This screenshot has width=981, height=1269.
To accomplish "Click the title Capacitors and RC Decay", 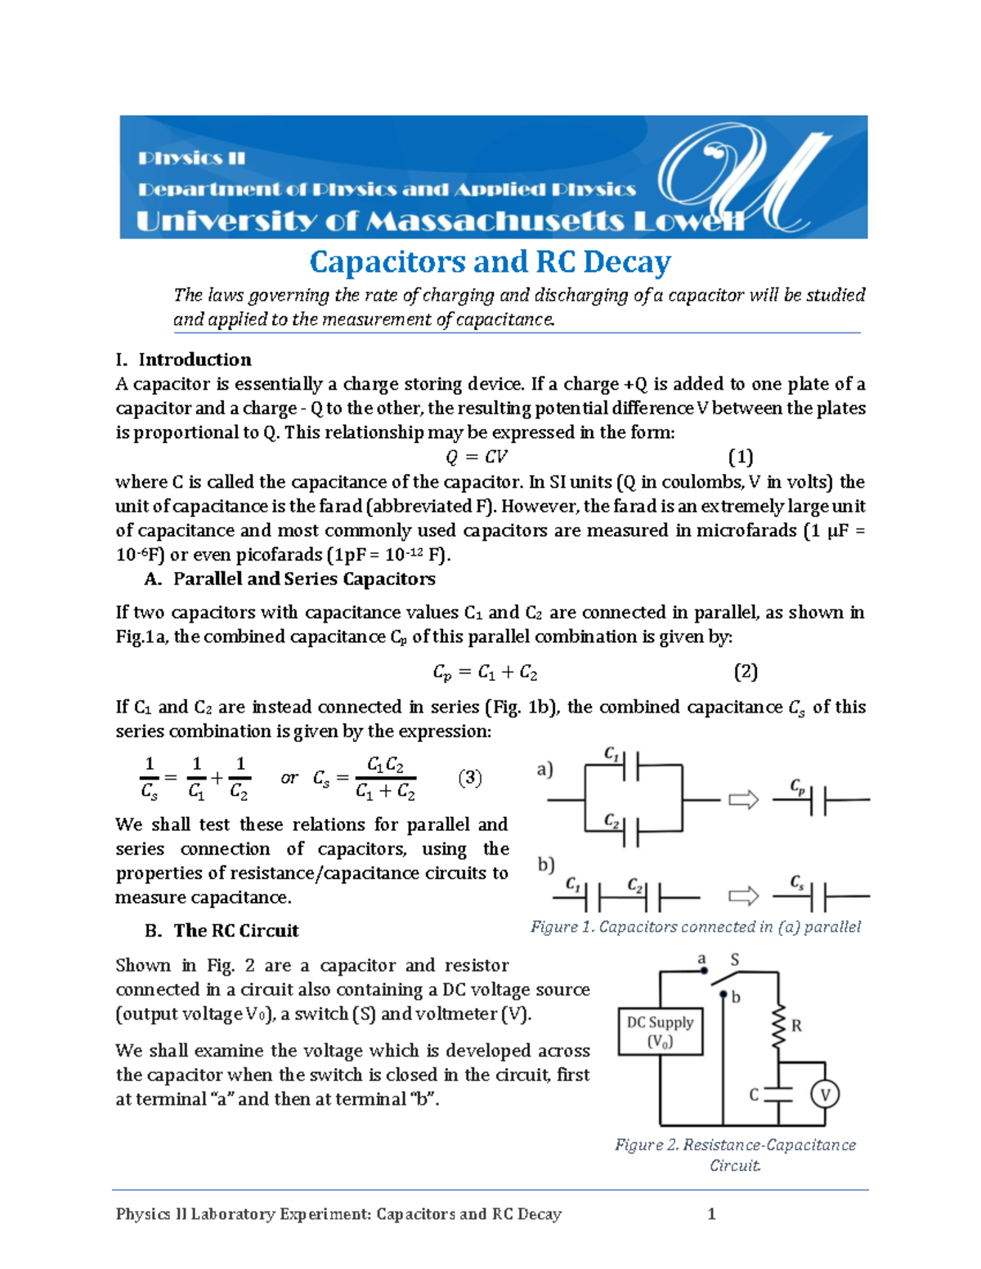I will pyautogui.click(x=490, y=262).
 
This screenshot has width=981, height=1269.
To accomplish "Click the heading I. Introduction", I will pyautogui.click(x=195, y=360).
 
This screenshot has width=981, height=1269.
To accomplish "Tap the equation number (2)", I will pyautogui.click(x=746, y=672).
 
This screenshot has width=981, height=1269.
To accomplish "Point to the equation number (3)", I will pyautogui.click(x=469, y=777).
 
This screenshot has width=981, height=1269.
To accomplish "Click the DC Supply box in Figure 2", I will pyautogui.click(x=660, y=1031).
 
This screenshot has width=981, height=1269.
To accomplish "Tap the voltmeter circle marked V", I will pyautogui.click(x=825, y=1094).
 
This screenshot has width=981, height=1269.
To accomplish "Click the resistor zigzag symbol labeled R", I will pyautogui.click(x=778, y=1026).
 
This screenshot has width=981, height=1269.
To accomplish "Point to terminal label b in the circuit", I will pyautogui.click(x=736, y=998).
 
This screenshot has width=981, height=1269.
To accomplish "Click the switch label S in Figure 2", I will pyautogui.click(x=734, y=960).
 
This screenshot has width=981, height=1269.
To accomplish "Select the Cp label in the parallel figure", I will pyautogui.click(x=797, y=786).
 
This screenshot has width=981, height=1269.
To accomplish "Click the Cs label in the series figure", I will pyautogui.click(x=797, y=882).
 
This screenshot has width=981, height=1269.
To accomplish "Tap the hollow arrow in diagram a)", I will pyautogui.click(x=743, y=800).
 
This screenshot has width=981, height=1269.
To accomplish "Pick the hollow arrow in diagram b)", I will pyautogui.click(x=743, y=896).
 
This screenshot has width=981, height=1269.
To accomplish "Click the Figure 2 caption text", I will pyautogui.click(x=735, y=1155).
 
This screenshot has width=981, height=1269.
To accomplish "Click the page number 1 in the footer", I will pyautogui.click(x=711, y=1213).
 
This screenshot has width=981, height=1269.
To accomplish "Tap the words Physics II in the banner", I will pyautogui.click(x=191, y=159).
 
